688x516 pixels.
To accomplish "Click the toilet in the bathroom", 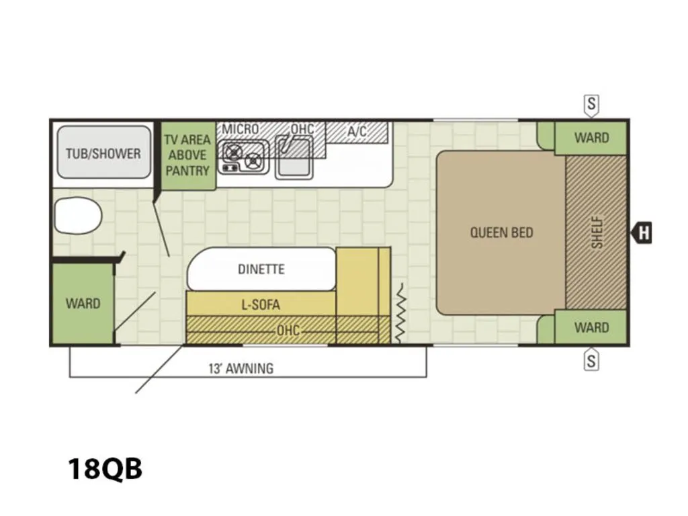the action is point(78,216).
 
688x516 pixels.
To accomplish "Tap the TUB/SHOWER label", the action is point(103,154).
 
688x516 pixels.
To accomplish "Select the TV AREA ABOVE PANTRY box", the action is point(188,155).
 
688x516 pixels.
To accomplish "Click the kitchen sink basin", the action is point(294,157).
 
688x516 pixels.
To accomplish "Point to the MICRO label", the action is point(241,129).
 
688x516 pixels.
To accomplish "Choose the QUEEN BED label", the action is point(501,232).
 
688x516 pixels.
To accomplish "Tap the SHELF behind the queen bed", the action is point(596,232).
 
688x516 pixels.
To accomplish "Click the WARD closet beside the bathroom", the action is point(82,303).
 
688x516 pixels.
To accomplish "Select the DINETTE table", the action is point(261,269).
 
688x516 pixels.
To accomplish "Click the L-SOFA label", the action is point(261,304).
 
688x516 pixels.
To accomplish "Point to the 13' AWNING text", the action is point(241,368).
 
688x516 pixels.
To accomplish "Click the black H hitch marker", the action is point(642,232).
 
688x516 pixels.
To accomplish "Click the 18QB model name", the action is point(105,468).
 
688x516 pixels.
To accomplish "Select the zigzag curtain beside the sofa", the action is point(400,312).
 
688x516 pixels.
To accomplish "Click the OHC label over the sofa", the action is point(288,330).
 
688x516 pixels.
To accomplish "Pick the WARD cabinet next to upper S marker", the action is point(591,138).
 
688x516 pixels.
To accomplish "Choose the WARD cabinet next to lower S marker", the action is point(591,327).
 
